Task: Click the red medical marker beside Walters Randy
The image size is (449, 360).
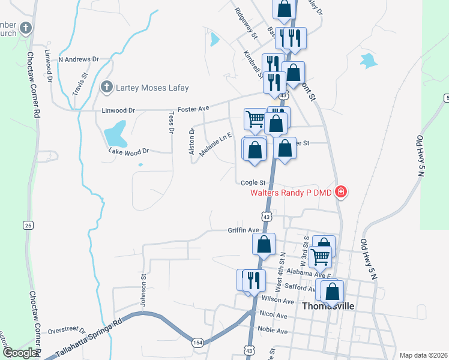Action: click(341, 192)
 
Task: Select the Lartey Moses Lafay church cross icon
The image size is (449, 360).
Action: click(106, 88)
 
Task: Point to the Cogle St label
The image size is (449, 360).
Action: click(253, 182)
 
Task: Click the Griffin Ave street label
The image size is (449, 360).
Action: click(243, 230)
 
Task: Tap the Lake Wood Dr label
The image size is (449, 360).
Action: click(128, 151)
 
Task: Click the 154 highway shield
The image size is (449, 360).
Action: click(197, 342)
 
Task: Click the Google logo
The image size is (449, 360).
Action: click(20, 353)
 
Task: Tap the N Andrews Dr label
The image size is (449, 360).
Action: click(77, 59)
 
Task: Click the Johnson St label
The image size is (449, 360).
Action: click(143, 290)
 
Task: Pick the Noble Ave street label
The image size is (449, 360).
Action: click(273, 330)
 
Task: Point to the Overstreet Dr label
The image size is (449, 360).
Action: click(67, 329)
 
